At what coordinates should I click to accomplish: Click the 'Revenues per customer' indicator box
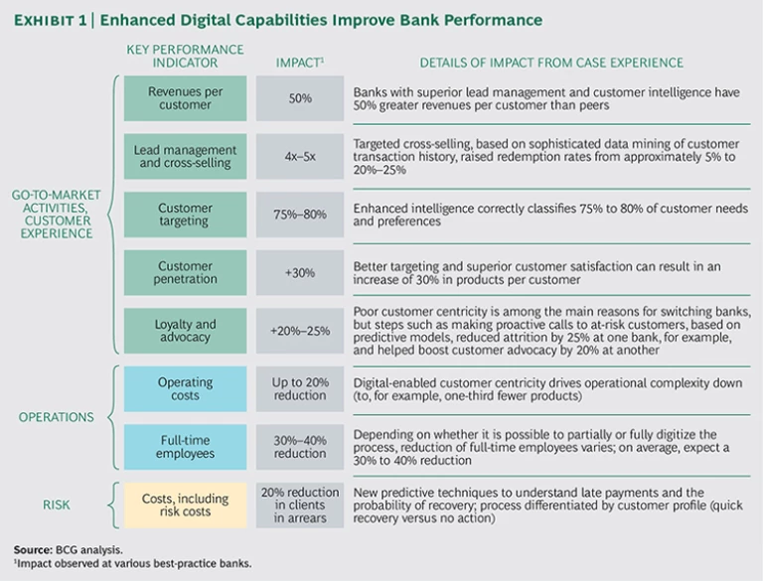coord(186,98)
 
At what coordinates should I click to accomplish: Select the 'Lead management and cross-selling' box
coord(186,157)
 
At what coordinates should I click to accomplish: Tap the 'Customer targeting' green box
coord(186,215)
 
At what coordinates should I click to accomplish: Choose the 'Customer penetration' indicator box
coord(186,273)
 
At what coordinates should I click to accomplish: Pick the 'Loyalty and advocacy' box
coord(186,331)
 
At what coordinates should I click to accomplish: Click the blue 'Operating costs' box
coord(186,389)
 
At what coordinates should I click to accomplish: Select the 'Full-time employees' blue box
coord(186,447)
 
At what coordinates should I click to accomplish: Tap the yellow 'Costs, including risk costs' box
coord(186,506)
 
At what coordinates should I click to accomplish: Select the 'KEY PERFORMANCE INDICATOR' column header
coord(186,56)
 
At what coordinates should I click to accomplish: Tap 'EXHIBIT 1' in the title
coord(57,20)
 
